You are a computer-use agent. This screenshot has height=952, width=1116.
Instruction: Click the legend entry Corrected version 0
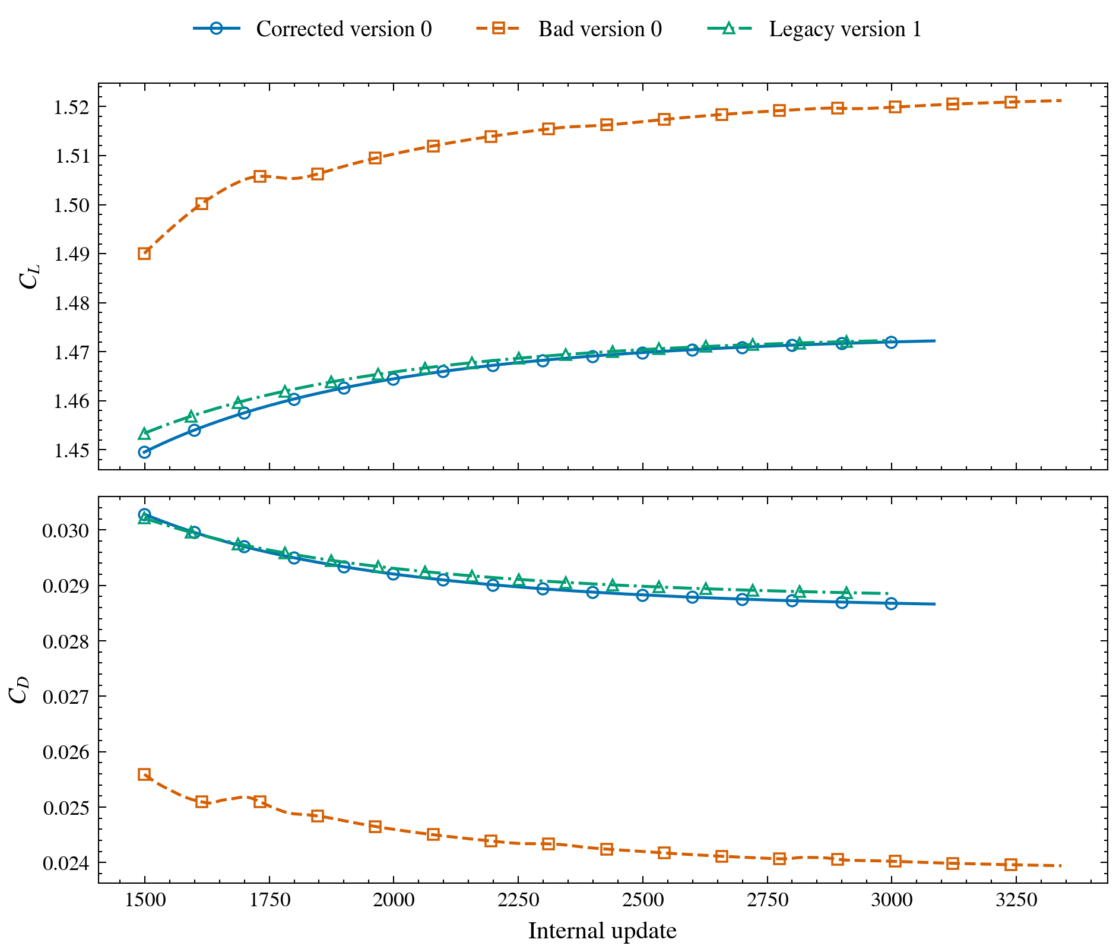coord(313,29)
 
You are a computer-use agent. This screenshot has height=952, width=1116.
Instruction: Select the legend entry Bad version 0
coord(569,29)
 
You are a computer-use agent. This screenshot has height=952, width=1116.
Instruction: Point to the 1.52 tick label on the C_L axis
coord(71,107)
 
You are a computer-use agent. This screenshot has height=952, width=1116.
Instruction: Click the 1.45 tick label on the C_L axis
coord(71,450)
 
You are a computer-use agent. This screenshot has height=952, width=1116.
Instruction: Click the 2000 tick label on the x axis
coord(393,900)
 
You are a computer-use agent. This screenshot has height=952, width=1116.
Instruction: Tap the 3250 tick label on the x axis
coord(1016,900)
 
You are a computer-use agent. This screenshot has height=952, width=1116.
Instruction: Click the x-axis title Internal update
coord(603,931)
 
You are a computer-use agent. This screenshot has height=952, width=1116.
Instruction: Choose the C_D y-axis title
coord(19,690)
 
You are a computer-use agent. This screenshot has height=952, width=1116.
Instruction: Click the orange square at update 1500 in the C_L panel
coord(144,254)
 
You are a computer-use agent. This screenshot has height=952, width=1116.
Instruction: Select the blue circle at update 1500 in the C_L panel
coord(144,452)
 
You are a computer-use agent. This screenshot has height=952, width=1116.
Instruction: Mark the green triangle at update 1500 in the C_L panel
coord(144,433)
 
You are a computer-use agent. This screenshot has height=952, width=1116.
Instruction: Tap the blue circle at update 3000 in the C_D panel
coord(891,603)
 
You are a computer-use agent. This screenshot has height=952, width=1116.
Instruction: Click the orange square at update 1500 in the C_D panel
coord(144,774)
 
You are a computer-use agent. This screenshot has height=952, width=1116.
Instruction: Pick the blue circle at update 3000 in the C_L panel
coord(891,342)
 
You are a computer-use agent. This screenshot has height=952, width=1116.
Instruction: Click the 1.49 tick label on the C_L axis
coord(71,254)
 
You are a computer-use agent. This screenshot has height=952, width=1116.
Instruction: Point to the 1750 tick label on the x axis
coord(269,900)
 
